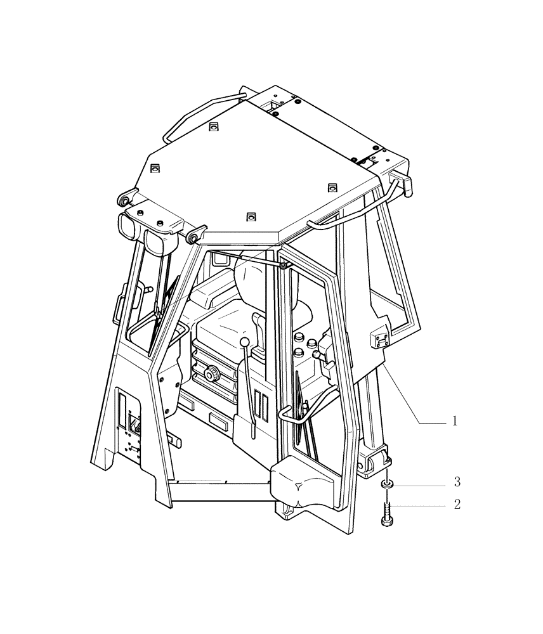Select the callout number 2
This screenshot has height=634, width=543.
(x=456, y=505)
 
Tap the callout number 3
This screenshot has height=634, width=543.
(x=456, y=483)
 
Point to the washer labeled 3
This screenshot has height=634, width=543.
(x=386, y=484)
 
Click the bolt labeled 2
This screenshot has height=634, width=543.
(x=386, y=510)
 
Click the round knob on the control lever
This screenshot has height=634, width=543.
(x=245, y=343)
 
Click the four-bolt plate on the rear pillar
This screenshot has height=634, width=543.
(x=379, y=337)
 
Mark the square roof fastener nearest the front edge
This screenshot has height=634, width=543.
(x=251, y=217)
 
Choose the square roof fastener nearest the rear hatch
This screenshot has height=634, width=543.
(x=214, y=126)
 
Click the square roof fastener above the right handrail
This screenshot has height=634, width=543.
(x=330, y=187)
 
